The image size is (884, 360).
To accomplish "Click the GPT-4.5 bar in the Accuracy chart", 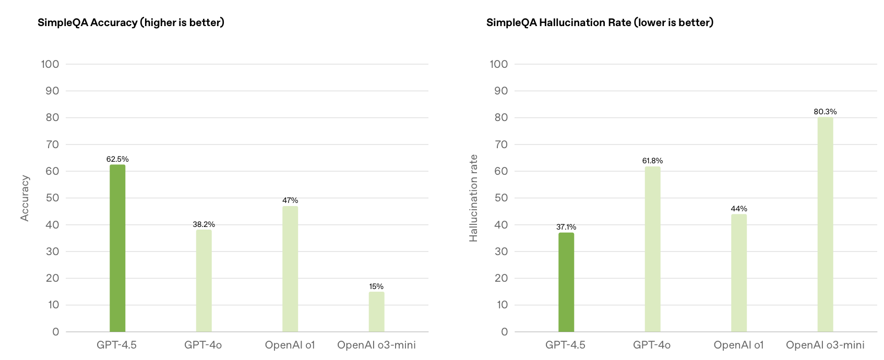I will [117, 248].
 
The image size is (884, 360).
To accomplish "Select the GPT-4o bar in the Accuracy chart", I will [204, 281].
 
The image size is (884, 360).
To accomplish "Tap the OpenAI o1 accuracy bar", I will [290, 269].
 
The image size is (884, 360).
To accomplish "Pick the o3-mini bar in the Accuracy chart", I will [376, 311].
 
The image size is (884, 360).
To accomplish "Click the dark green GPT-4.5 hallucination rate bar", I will [566, 282].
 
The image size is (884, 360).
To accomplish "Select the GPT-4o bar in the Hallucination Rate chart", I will [652, 249].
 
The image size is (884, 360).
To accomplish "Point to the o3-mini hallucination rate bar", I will [825, 224].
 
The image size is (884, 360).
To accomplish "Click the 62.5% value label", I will [117, 159].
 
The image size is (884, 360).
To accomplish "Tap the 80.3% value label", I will [825, 112].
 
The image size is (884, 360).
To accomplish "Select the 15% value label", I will [376, 286].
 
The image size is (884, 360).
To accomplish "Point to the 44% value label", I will [739, 209].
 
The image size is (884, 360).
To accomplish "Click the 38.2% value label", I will [204, 224].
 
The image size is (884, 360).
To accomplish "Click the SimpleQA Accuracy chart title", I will [131, 22].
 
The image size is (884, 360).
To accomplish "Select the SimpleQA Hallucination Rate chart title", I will [600, 22].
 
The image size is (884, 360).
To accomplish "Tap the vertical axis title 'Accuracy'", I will [25, 198].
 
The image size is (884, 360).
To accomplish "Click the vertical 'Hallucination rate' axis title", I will [473, 198].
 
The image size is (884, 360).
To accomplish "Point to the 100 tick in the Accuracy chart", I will [50, 64].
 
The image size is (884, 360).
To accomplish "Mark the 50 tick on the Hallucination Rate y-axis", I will [501, 198].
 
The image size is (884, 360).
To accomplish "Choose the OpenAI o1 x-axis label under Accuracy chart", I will [290, 345].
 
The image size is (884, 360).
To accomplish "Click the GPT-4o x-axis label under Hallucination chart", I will [652, 345].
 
